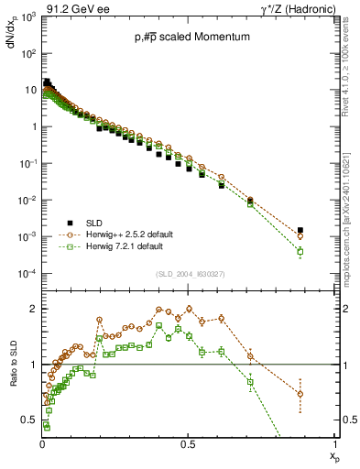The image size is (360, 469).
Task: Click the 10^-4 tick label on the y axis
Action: (x=27, y=274)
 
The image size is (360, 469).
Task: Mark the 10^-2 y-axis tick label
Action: (x=27, y=201)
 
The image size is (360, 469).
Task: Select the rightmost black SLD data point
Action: (x=300, y=230)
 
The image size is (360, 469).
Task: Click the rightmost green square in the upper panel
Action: (x=300, y=251)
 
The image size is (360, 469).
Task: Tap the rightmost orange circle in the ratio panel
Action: (x=300, y=394)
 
